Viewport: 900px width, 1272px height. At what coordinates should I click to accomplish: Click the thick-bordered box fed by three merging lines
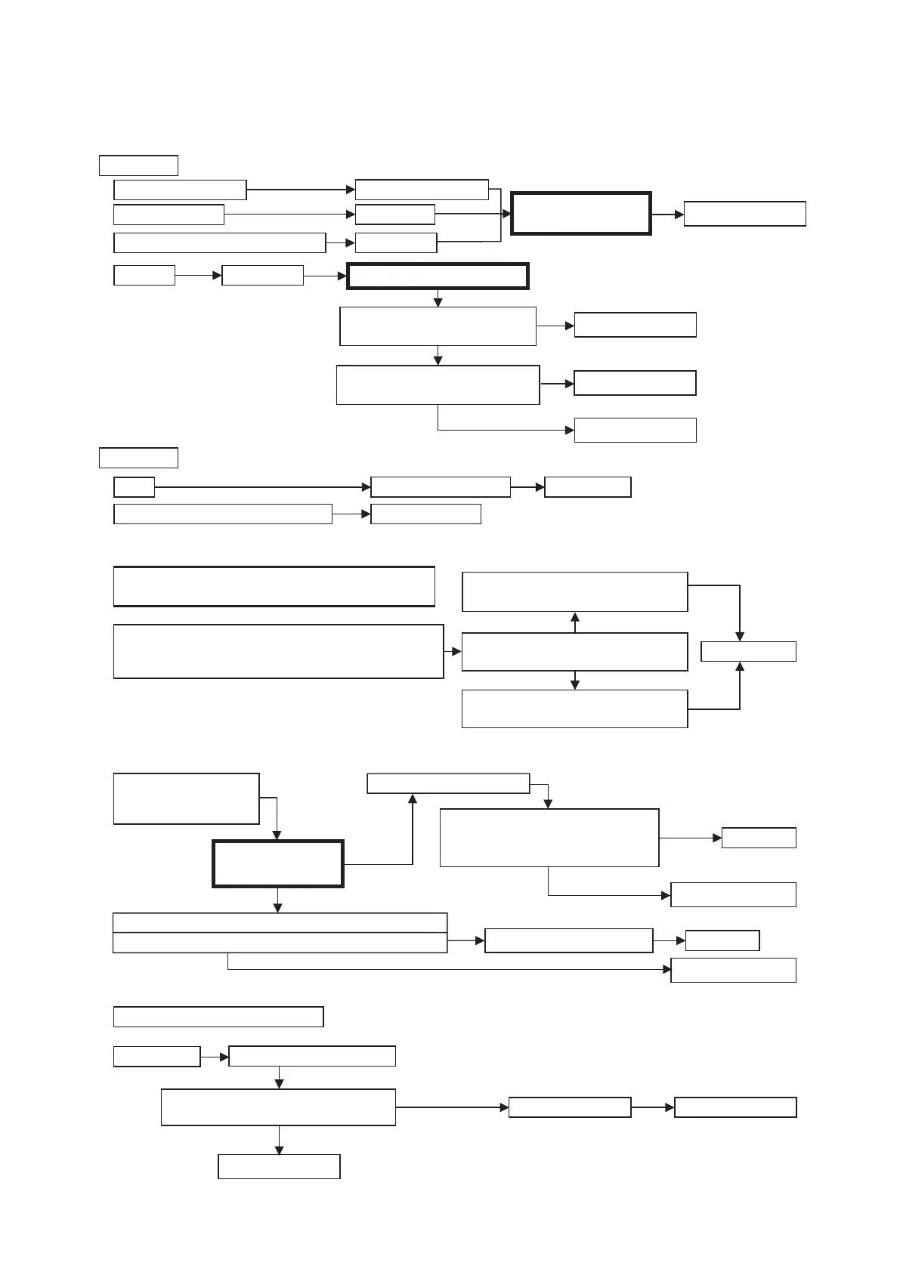pos(580,214)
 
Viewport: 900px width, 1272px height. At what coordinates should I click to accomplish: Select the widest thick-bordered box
pos(438,276)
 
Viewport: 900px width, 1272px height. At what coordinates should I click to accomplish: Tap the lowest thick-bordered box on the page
pos(278,863)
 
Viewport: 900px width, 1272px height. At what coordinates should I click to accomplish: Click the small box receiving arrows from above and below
pos(748,651)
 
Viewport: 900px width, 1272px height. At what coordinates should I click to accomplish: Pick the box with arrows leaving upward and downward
pos(574,652)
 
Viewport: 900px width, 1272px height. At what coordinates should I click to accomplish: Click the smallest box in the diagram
pos(134,487)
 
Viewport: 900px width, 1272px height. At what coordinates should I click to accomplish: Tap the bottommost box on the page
pos(279,1166)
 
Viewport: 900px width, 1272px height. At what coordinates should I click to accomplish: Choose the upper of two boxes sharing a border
pos(280,922)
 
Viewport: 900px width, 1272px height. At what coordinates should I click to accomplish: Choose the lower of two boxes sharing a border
pos(280,943)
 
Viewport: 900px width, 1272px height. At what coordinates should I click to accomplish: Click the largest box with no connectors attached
pos(274,586)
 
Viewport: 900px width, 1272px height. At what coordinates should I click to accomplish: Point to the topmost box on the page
pos(138,165)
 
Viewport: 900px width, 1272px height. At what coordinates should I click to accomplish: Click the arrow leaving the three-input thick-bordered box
pos(667,215)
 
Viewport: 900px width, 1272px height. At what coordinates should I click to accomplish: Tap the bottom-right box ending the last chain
pos(735,1107)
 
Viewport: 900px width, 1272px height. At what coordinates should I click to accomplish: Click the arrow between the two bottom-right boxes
pos(652,1107)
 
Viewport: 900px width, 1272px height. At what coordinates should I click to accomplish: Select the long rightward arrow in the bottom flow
pos(452,1107)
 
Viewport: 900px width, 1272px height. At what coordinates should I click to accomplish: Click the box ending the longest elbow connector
pos(733,970)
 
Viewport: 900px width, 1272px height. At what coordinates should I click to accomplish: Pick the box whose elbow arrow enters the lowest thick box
pos(186,798)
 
